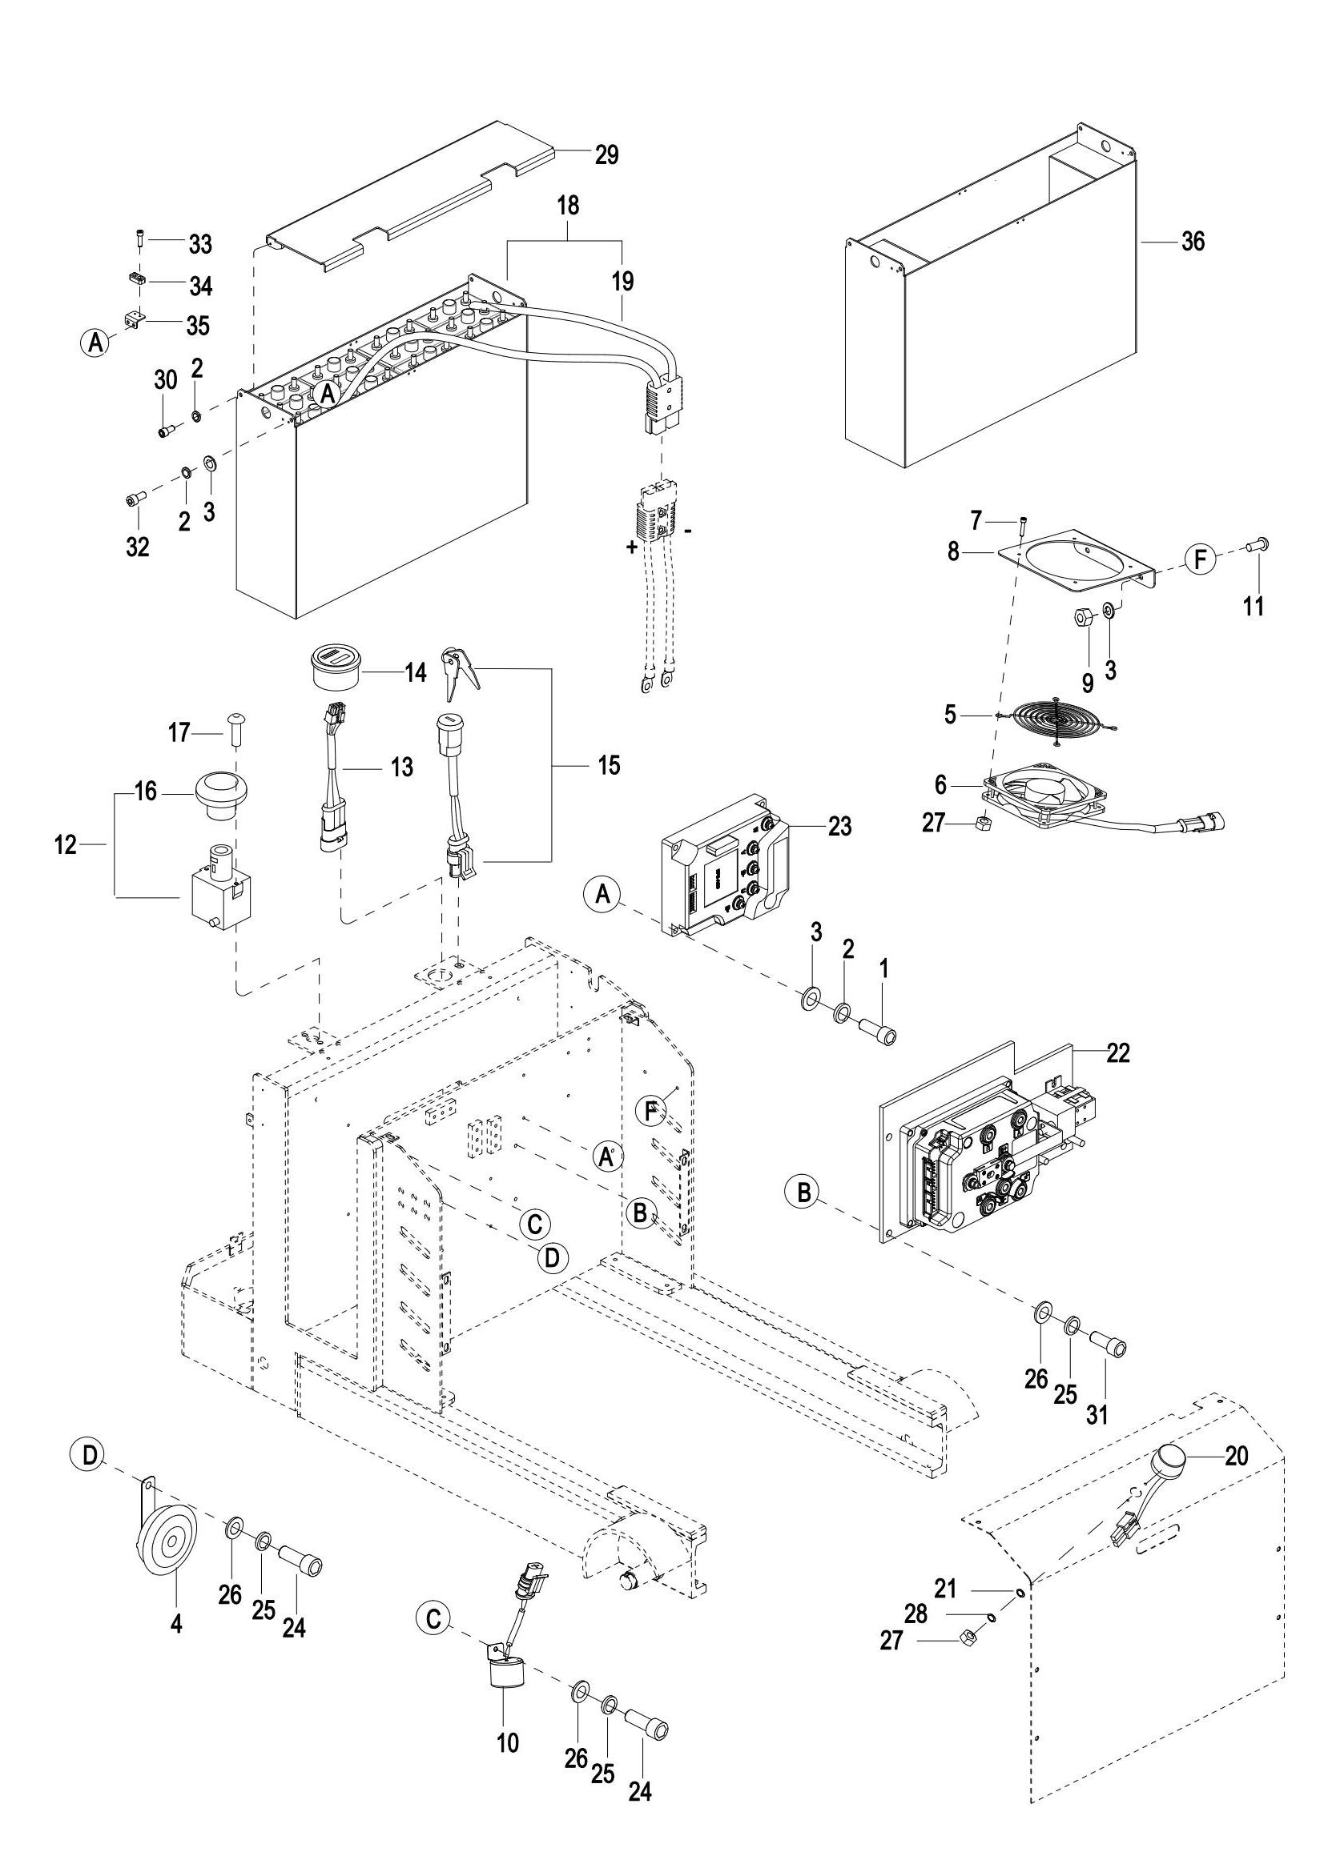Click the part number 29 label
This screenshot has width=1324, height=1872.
click(606, 154)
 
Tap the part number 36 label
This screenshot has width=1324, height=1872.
click(1192, 243)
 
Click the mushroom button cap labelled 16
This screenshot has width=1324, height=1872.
click(220, 790)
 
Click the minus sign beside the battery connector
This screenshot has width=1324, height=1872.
click(690, 531)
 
